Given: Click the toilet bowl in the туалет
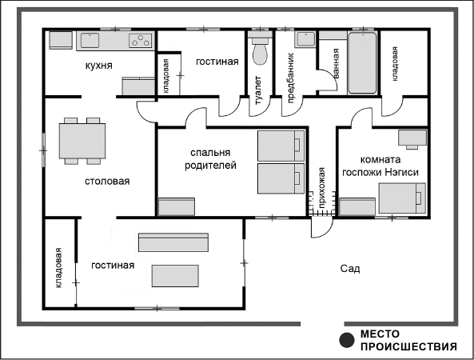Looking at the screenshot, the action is coord(260,54).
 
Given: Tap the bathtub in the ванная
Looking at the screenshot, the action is coord(362,63).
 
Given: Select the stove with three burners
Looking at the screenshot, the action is coord(140,40).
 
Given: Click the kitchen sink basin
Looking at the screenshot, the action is coord(90,40).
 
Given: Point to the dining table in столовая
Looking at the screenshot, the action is coord(82,141).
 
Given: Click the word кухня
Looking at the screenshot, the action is coord(99,66).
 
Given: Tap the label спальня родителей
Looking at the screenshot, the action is coord(210,159).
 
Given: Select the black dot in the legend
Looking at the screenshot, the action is coord(347,340).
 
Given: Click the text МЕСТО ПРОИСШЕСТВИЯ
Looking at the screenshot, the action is coord(408,340).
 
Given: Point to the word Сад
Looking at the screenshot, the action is coord(350,269).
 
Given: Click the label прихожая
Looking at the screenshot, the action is coord(322,187).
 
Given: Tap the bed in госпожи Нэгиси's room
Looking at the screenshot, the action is coord(402,198).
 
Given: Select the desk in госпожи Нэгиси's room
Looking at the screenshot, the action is coord(412,138).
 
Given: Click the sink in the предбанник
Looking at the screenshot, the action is coord(305,39).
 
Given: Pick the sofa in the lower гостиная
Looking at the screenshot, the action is coord(173,242).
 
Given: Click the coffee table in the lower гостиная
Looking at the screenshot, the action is coord(175,276).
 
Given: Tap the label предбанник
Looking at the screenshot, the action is coord(290,78).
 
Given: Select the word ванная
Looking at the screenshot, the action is coord(336,63).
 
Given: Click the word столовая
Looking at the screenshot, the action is coord(107,182).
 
